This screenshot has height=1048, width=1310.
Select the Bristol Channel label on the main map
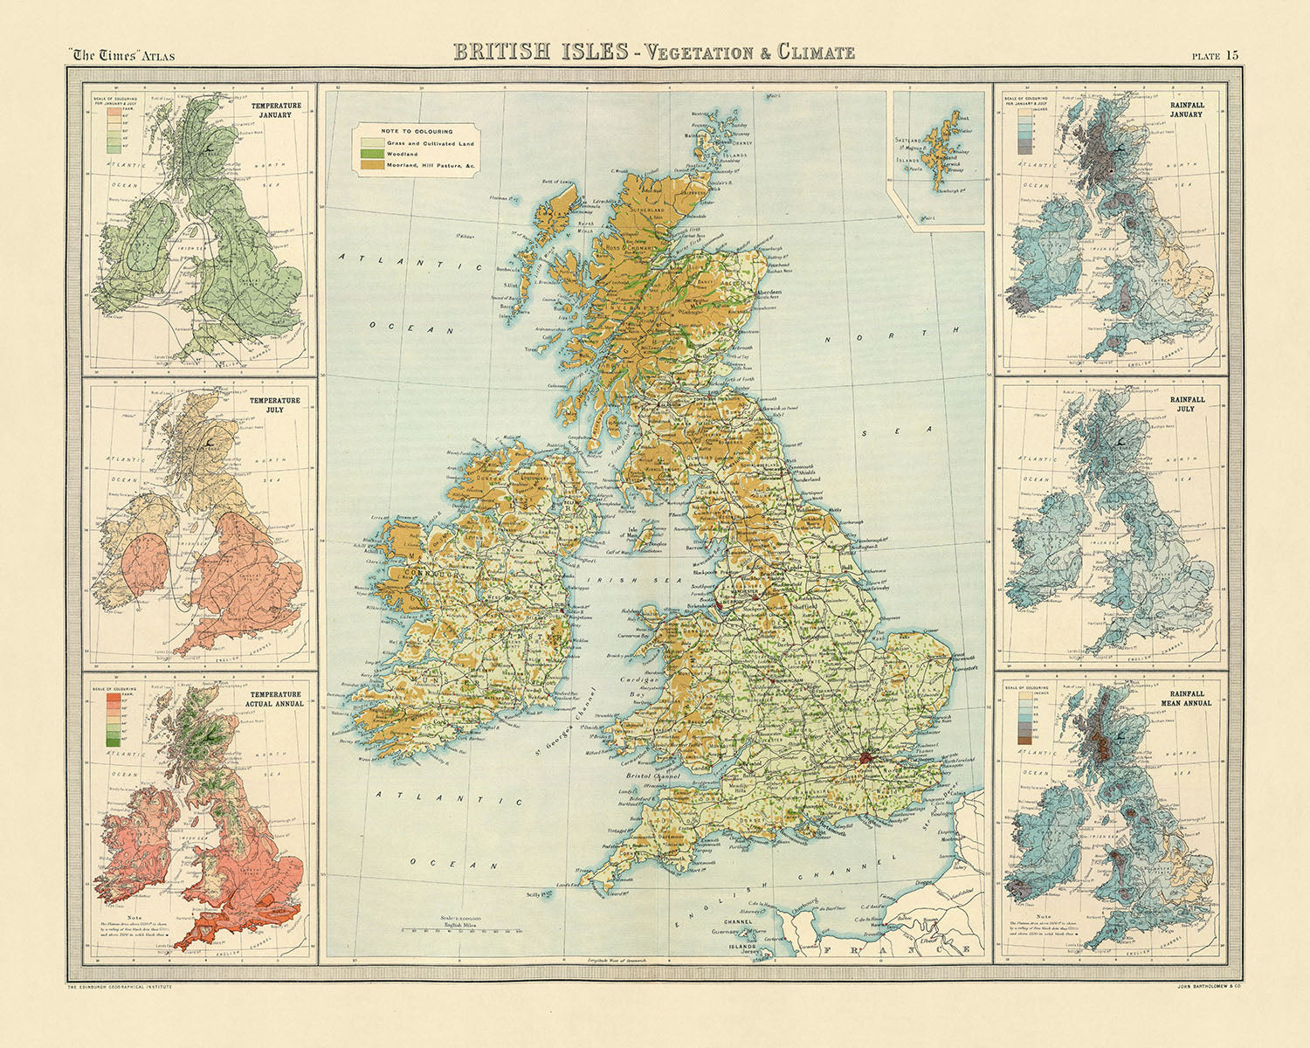[656, 776]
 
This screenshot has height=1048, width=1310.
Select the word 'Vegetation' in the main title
[693, 52]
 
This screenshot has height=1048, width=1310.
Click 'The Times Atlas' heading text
[123, 56]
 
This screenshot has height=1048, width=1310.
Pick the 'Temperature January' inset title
[275, 109]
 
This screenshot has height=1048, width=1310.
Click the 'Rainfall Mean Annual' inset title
[1191, 697]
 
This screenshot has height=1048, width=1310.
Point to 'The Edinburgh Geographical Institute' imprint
[119, 986]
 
